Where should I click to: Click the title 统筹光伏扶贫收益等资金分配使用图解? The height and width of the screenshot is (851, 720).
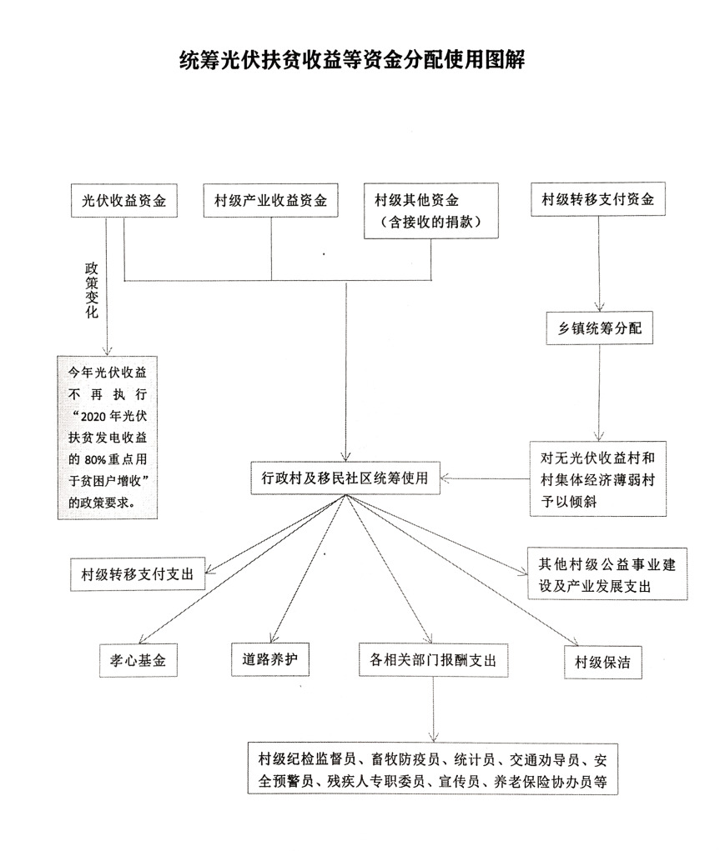pyautogui.click(x=353, y=60)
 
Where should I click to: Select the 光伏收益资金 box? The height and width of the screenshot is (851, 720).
pyautogui.click(x=124, y=201)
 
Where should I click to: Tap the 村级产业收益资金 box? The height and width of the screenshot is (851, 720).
pyautogui.click(x=271, y=201)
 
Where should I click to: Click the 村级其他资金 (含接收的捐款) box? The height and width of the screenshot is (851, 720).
pyautogui.click(x=430, y=211)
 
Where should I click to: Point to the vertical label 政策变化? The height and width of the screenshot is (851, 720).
pyautogui.click(x=92, y=290)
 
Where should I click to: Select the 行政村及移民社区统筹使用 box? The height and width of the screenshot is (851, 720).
pyautogui.click(x=345, y=478)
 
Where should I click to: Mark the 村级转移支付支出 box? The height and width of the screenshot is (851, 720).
pyautogui.click(x=137, y=574)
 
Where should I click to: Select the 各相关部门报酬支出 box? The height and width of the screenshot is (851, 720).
pyautogui.click(x=433, y=660)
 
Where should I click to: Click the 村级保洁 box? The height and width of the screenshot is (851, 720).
pyautogui.click(x=602, y=663)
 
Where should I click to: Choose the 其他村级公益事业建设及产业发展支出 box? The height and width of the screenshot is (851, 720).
pyautogui.click(x=608, y=574)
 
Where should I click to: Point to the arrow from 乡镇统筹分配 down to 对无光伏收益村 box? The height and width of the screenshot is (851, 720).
pyautogui.click(x=598, y=392)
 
